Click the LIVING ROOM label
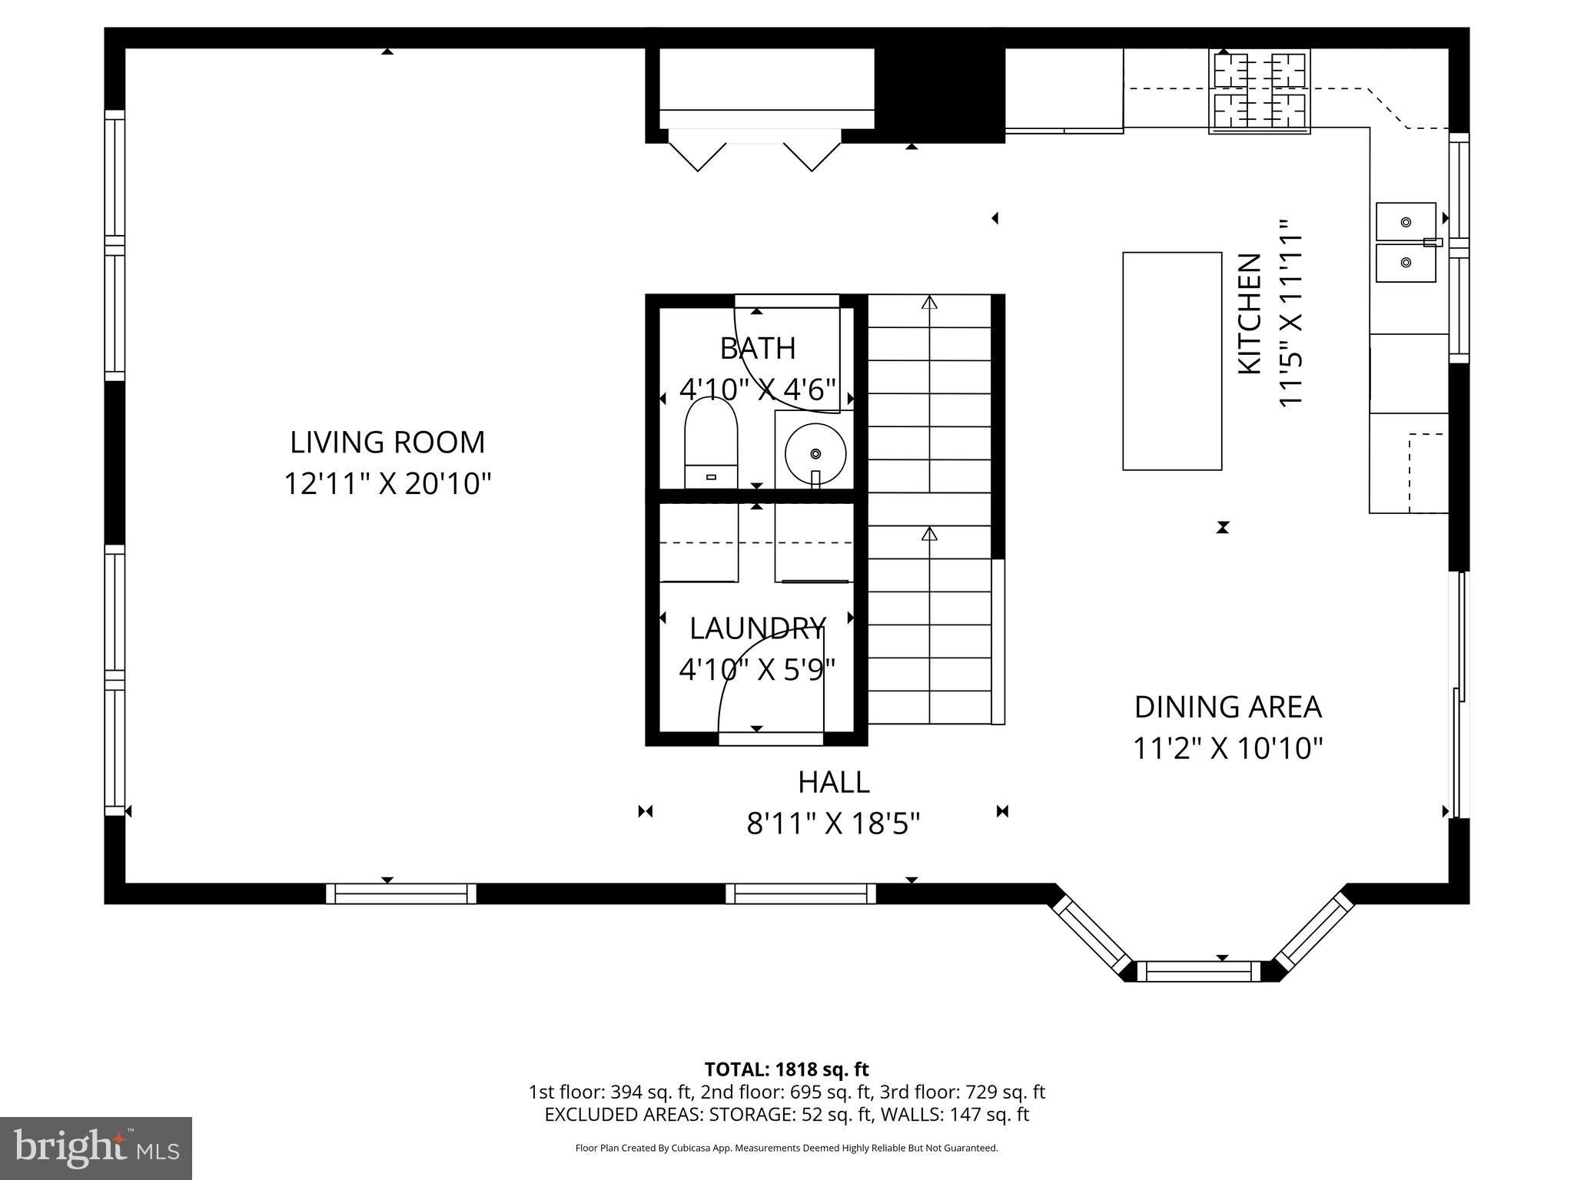(x=387, y=442)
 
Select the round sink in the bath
(x=815, y=453)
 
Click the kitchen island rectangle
(x=1172, y=360)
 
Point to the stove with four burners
(x=1259, y=91)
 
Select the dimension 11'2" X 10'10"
(x=1227, y=747)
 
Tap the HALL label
(x=833, y=782)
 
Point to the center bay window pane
(x=1199, y=971)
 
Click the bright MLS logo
(x=96, y=1148)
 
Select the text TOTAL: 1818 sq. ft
(x=786, y=1069)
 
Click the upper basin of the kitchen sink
(x=1406, y=222)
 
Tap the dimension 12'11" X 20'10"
(x=387, y=484)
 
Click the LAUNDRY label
(x=757, y=628)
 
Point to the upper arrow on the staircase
(x=930, y=303)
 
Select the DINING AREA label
(x=1227, y=707)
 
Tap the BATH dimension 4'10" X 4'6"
(x=757, y=389)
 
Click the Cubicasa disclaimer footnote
(x=786, y=1148)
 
